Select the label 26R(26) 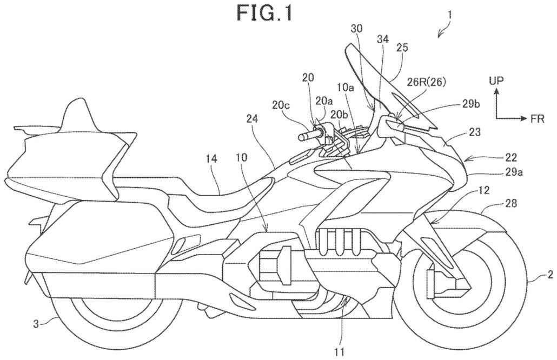(x=426, y=82)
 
